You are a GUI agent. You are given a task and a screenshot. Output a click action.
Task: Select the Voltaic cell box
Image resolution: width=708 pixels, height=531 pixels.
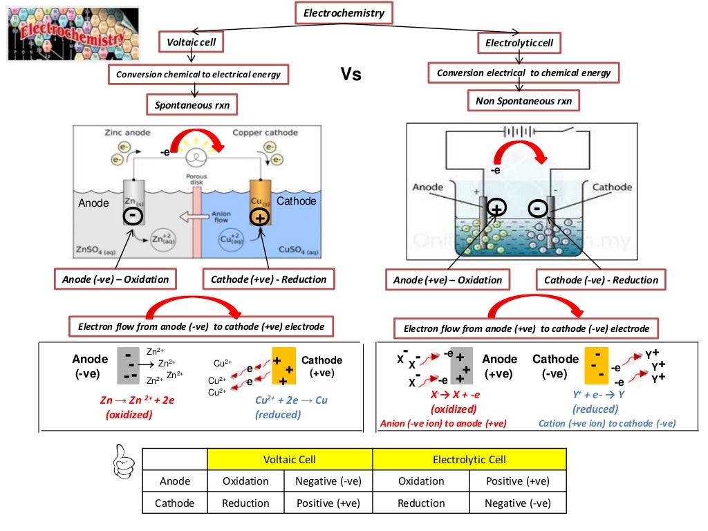[192, 42]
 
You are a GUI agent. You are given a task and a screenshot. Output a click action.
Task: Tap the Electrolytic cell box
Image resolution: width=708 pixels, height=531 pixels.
[519, 44]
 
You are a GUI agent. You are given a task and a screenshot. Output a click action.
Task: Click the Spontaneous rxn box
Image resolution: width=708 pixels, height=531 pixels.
[192, 105]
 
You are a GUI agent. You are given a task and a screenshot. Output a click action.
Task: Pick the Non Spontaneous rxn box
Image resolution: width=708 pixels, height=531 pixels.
[523, 101]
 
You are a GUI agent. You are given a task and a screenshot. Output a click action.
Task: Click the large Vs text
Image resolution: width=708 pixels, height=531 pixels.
[351, 74]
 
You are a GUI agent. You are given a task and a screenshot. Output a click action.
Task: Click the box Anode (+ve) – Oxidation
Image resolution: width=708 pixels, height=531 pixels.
[447, 280]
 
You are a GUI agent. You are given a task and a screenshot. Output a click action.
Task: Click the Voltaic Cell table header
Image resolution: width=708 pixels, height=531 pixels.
[290, 459]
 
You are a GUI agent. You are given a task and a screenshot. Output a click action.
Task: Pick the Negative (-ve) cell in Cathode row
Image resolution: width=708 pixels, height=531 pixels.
[517, 503]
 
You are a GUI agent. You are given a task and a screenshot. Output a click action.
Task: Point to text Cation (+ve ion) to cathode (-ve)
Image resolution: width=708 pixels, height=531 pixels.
[607, 423]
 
